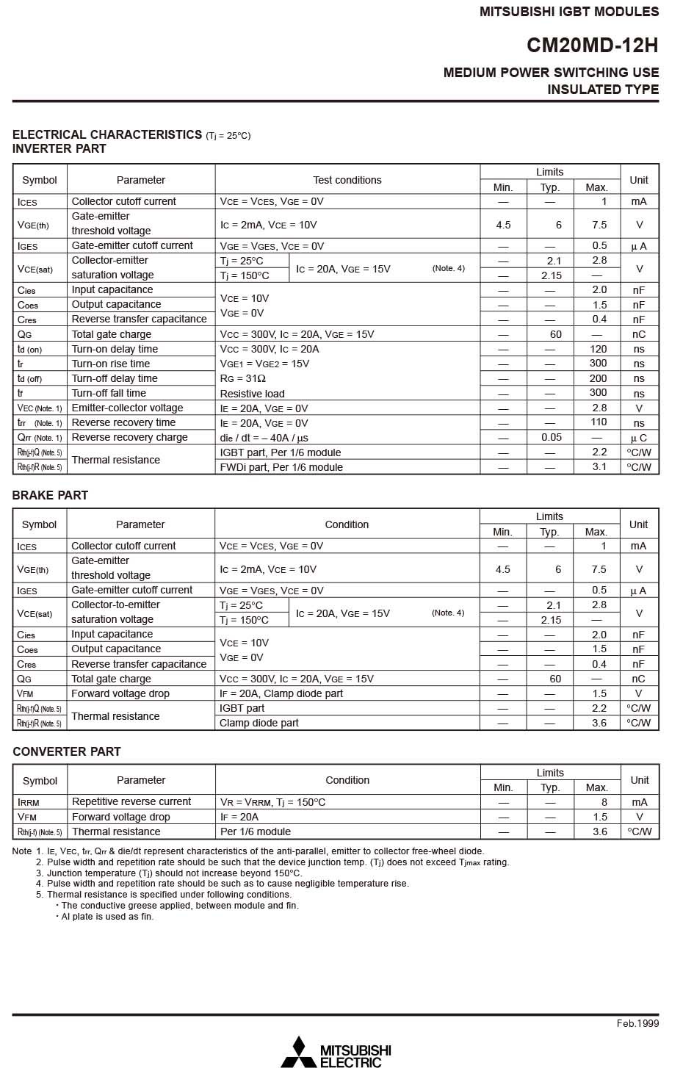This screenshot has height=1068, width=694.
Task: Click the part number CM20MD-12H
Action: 592,46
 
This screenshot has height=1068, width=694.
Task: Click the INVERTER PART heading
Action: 59,149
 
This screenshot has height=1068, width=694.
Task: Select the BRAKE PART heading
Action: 50,495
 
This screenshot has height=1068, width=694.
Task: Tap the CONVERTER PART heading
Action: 66,751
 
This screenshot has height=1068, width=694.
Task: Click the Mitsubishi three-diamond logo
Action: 298,1051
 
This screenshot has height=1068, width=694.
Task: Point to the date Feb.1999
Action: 637,1023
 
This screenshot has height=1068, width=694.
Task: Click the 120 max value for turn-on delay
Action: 598,349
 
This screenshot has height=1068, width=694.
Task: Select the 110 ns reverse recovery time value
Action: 599,422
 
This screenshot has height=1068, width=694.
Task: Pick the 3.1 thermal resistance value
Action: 599,467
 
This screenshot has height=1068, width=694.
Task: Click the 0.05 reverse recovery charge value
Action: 552,437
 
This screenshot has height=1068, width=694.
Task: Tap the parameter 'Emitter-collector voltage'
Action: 127,408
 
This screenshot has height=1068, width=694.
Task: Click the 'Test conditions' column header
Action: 347,180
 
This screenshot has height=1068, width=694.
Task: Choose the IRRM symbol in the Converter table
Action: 29,802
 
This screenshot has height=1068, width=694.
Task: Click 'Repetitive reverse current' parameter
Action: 131,802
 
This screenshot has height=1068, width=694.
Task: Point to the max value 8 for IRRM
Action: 604,802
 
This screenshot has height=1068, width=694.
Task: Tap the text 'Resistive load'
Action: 252,394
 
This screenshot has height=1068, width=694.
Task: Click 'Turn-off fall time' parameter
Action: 109,393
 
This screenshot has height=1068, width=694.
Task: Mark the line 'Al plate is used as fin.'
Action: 107,917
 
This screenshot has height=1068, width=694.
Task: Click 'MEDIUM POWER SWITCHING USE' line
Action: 551,73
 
